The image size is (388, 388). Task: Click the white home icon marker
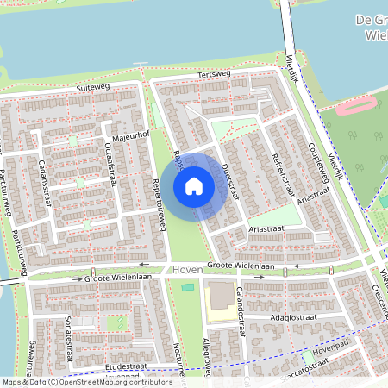(x=194, y=186)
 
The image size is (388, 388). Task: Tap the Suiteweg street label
(x=94, y=88)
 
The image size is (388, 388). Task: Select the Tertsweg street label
(x=216, y=75)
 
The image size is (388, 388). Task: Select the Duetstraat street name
(x=227, y=180)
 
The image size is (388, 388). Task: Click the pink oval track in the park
(x=355, y=105)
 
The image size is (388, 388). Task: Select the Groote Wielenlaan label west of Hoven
(x=116, y=278)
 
